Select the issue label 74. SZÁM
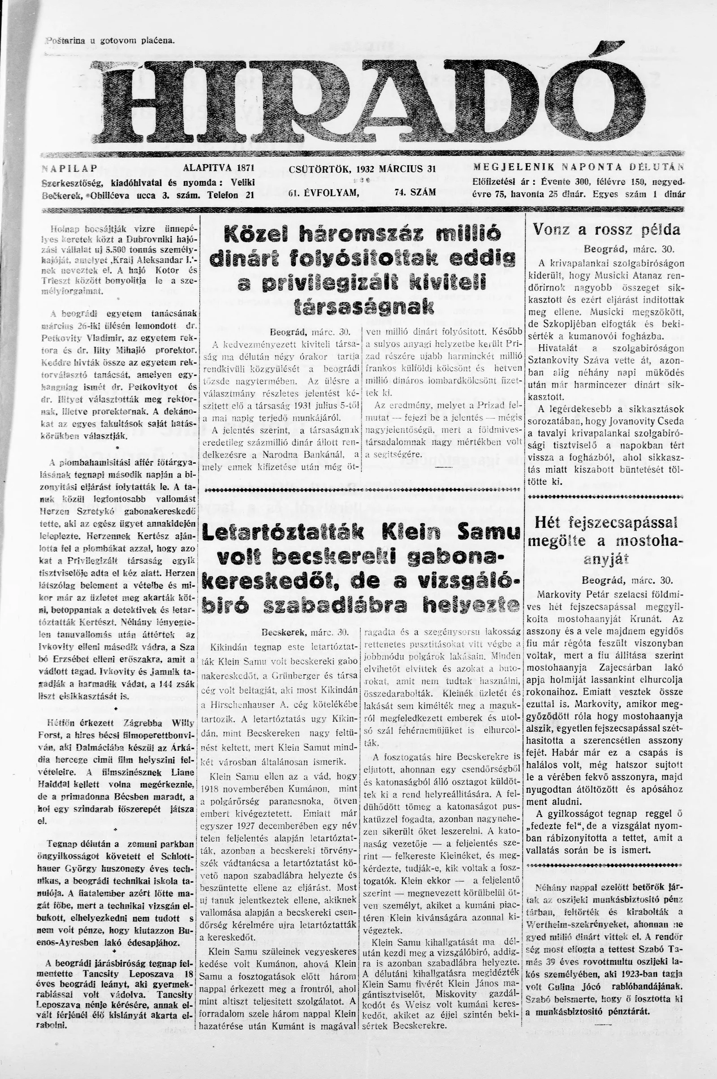[x=415, y=193]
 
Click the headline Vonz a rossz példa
[x=606, y=229]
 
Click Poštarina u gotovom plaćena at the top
[x=110, y=40]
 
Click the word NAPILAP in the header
[x=69, y=168]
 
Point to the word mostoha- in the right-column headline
[x=649, y=541]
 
